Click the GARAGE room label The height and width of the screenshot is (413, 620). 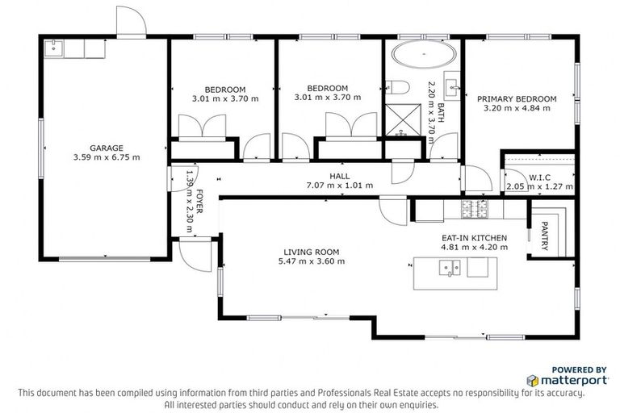tap(106, 148)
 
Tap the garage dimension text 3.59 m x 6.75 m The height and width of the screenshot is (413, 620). tap(106, 157)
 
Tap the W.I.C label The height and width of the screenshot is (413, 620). tap(538, 177)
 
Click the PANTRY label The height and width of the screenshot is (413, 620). tap(544, 236)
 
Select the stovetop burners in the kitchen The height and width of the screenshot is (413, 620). tap(474, 210)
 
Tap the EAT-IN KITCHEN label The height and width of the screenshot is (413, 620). tap(474, 238)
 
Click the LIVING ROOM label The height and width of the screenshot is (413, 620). tap(311, 251)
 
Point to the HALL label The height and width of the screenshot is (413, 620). tap(339, 175)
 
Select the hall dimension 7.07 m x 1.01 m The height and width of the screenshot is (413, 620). tap(339, 185)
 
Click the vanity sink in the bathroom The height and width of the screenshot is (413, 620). tap(453, 84)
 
